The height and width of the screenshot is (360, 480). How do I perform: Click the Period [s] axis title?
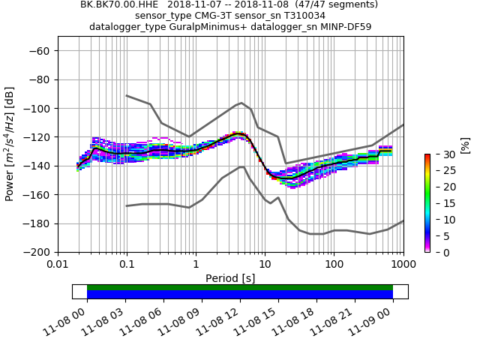pos(230,278)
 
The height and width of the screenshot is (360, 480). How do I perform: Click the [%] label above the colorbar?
pos(464,145)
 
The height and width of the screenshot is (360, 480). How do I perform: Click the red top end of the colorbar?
pos(427,156)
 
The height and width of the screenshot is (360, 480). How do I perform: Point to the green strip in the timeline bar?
pos(240,287)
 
